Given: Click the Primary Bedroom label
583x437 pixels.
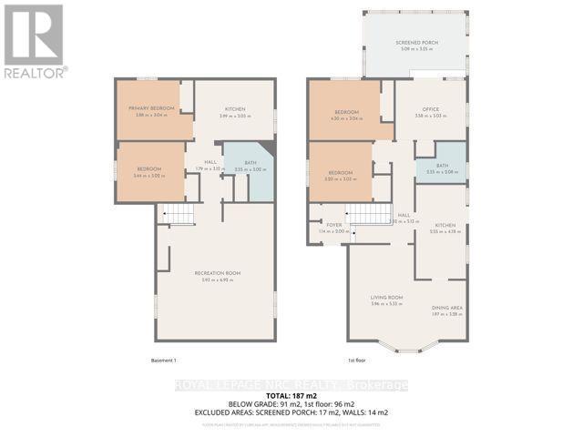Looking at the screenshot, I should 150,108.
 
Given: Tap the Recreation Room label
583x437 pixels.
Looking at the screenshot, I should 214,272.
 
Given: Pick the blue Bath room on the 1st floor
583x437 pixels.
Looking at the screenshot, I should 441,168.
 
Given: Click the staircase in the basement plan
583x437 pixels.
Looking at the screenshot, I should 179,215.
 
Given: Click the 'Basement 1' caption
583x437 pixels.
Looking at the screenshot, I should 162,361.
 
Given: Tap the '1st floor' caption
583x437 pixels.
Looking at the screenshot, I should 357,361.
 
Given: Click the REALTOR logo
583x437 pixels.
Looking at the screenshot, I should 35,40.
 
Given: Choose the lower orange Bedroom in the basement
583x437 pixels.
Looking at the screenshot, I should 149,170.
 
